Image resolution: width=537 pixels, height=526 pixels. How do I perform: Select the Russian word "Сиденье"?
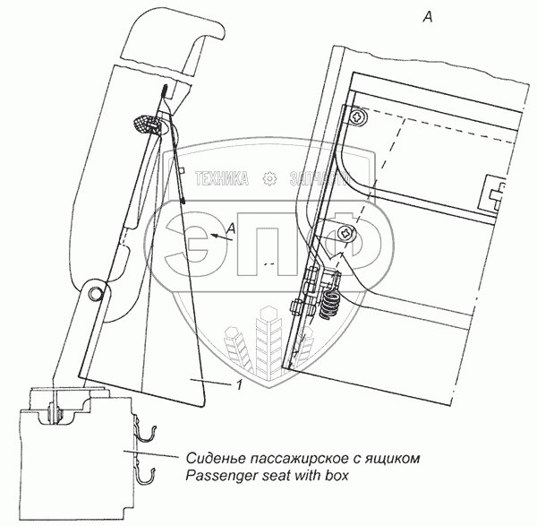(216, 459)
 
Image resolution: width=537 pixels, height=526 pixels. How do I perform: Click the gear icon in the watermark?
(268, 178)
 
